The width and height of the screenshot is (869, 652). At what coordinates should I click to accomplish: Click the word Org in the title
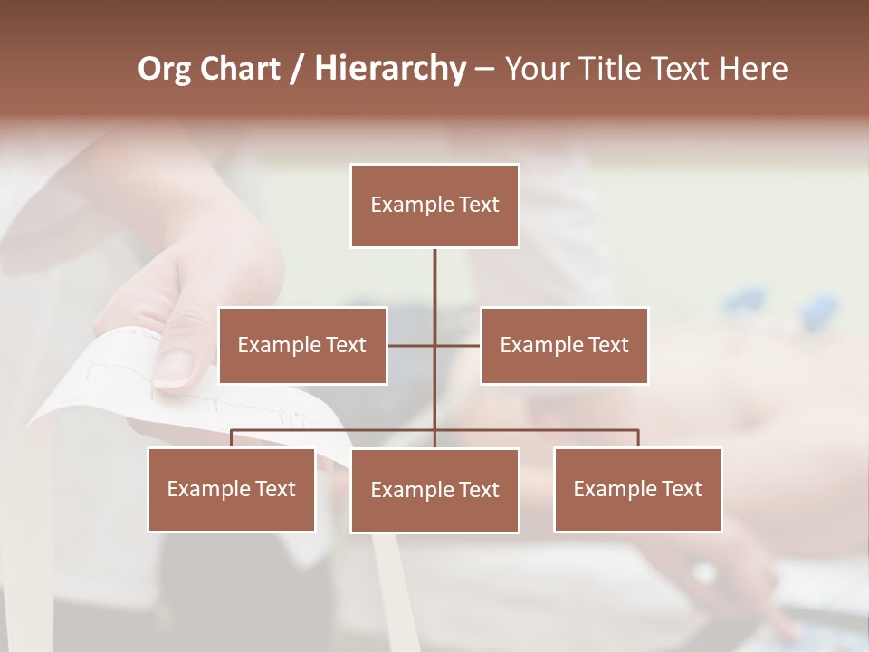click(x=164, y=70)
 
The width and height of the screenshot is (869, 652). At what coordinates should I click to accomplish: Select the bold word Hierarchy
click(x=389, y=70)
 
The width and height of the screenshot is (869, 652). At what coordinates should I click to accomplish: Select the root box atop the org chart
click(x=434, y=206)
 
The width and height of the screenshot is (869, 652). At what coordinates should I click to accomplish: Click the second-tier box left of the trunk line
click(x=302, y=345)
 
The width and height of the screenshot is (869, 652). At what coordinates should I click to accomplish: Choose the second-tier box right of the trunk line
click(x=564, y=345)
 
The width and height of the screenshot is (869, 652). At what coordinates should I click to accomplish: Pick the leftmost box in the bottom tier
click(x=231, y=489)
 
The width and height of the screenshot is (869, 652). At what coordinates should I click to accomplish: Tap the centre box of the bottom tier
click(x=434, y=490)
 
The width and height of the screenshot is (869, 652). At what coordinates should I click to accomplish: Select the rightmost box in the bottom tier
click(x=637, y=489)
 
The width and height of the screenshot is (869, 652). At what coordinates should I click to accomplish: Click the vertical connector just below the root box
click(x=434, y=276)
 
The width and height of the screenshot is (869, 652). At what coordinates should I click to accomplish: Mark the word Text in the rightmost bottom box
click(x=681, y=489)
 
